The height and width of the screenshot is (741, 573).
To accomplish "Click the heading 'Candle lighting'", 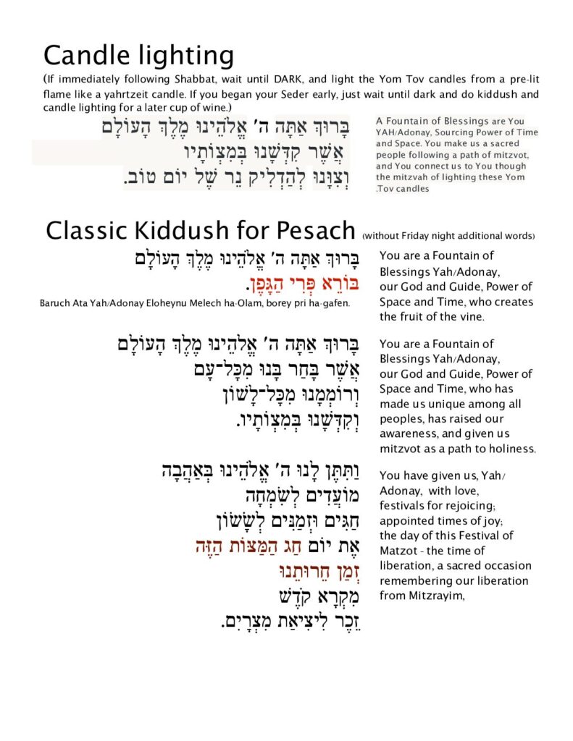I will click(x=138, y=56).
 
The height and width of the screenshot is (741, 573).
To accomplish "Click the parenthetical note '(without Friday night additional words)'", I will click(x=448, y=235).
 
